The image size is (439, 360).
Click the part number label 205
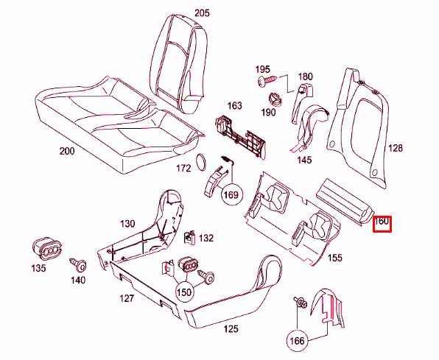[202, 13]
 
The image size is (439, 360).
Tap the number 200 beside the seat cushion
[67, 151]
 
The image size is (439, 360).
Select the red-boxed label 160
[382, 225]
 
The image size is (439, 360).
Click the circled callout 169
[231, 194]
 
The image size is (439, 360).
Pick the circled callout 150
[184, 292]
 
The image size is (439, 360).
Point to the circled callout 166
[297, 341]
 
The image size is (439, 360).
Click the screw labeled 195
[267, 80]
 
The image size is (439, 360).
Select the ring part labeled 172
[201, 162]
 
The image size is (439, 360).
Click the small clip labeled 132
[189, 238]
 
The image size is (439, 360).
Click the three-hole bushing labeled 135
[46, 250]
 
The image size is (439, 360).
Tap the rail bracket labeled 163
[241, 136]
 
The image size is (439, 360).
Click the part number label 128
[395, 148]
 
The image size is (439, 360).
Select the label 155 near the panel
[334, 258]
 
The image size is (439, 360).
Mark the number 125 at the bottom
[231, 328]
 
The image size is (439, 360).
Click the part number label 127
[127, 298]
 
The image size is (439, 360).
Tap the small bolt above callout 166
[301, 303]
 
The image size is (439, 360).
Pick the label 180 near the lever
[305, 76]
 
